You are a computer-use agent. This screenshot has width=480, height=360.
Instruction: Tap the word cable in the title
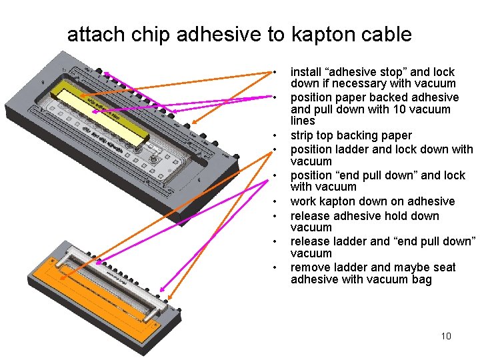(x=385, y=35)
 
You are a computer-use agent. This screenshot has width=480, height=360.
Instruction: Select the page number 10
(x=446, y=336)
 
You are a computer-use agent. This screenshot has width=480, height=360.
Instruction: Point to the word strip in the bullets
(x=303, y=135)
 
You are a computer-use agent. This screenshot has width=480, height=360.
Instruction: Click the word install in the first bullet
(x=307, y=71)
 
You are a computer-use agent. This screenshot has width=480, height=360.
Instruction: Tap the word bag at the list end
(x=421, y=279)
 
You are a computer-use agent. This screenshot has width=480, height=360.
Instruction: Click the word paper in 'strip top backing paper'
(x=395, y=135)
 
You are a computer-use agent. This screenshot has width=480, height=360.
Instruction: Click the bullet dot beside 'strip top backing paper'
(x=274, y=136)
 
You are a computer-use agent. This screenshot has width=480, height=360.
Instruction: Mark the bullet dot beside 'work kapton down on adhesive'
(x=274, y=202)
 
